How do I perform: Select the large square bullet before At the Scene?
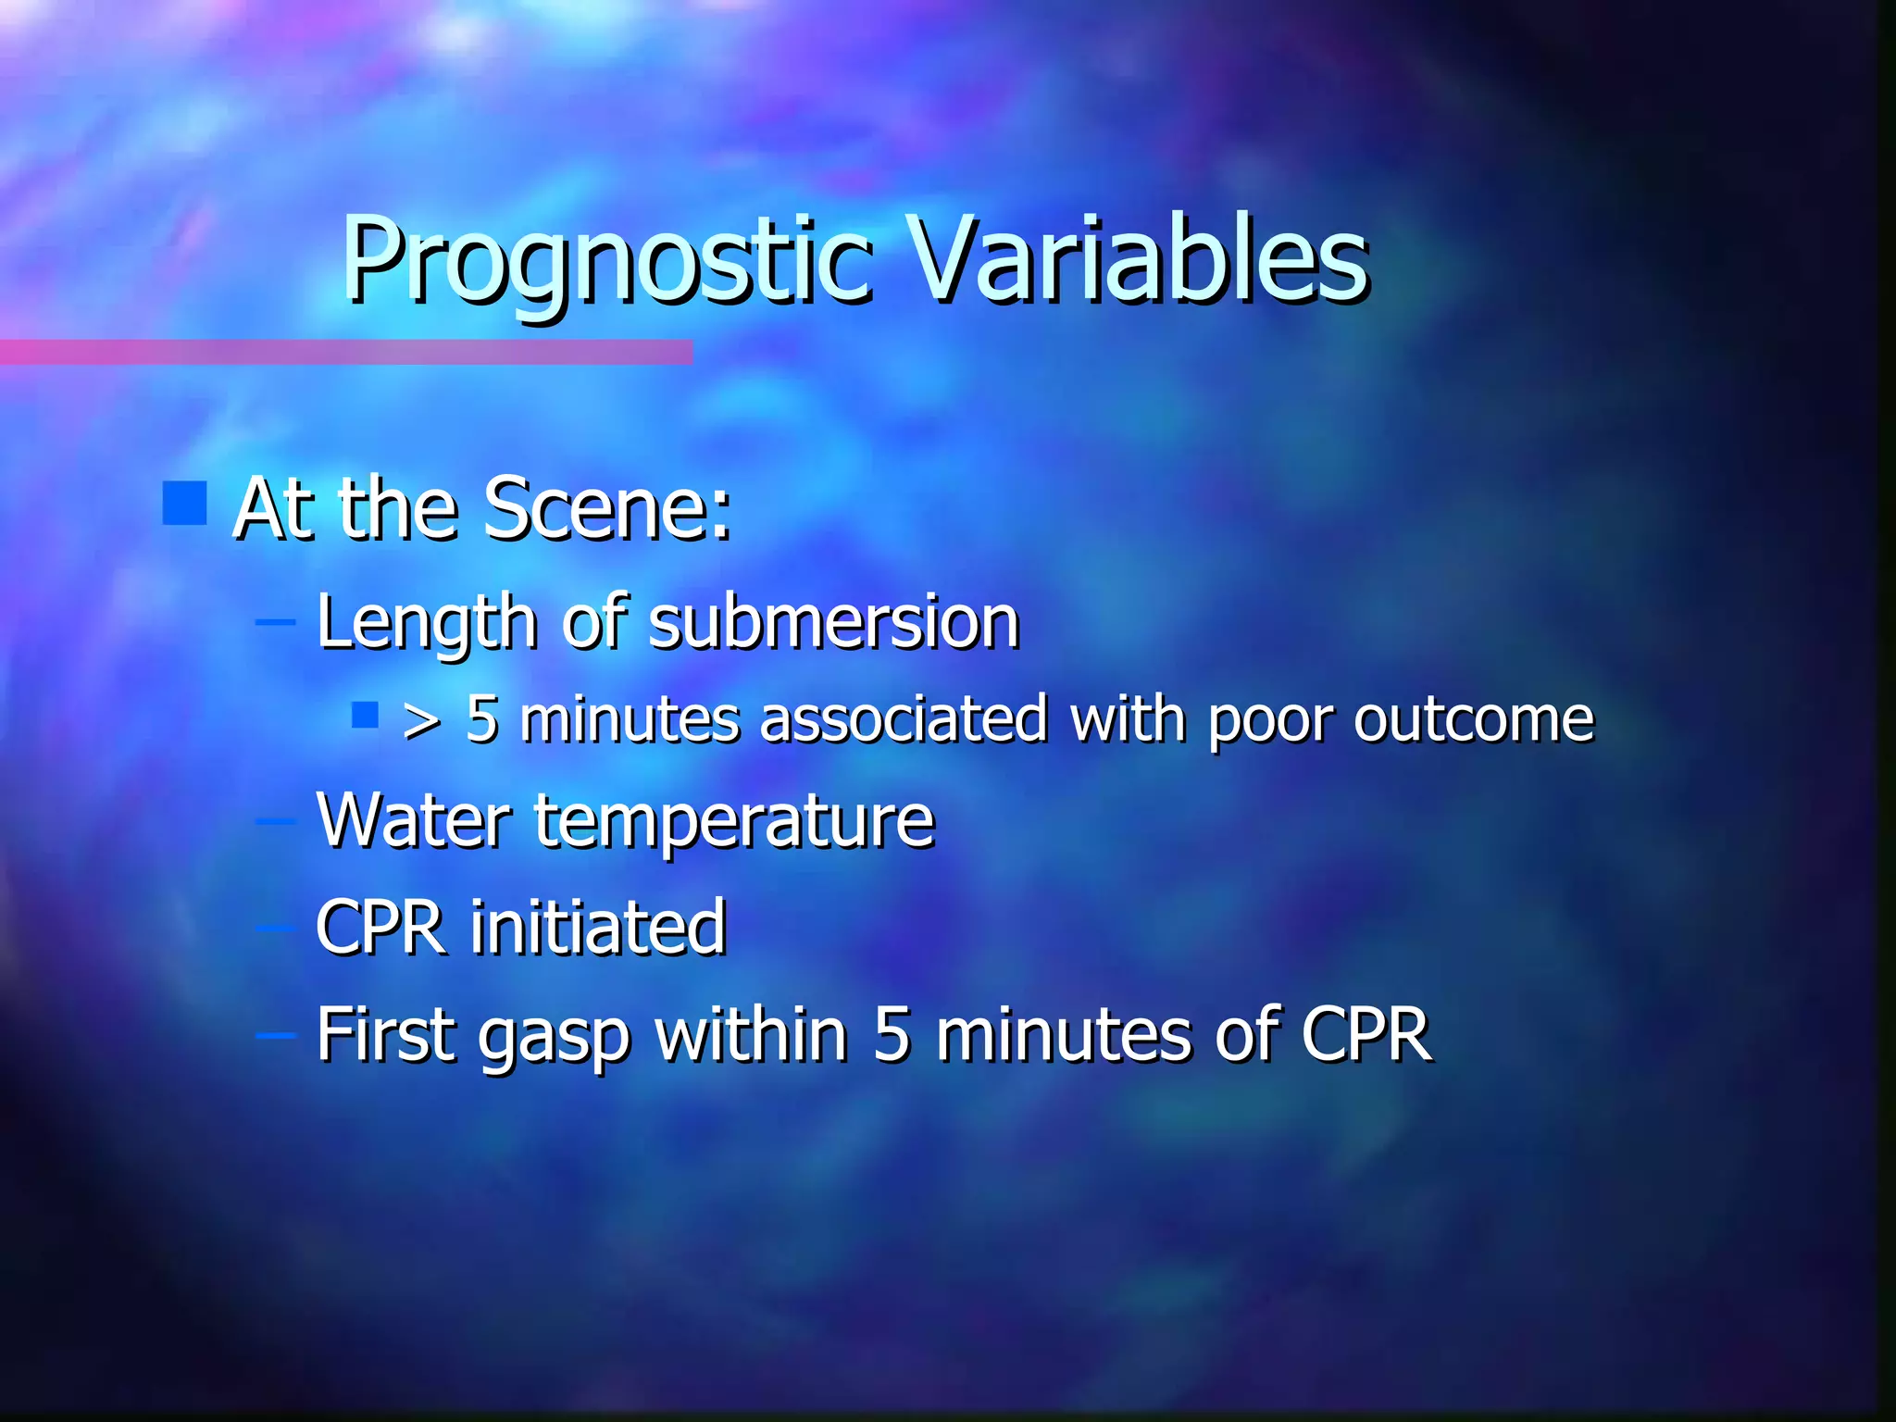[184, 503]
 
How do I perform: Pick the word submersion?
[833, 622]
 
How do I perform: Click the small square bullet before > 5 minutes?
[366, 715]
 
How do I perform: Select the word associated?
[904, 720]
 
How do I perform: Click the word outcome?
[1474, 720]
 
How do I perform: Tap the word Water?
[413, 819]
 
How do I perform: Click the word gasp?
[554, 1037]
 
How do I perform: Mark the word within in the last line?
[752, 1033]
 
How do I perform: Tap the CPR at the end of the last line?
[1366, 1033]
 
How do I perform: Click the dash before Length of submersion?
[275, 622]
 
